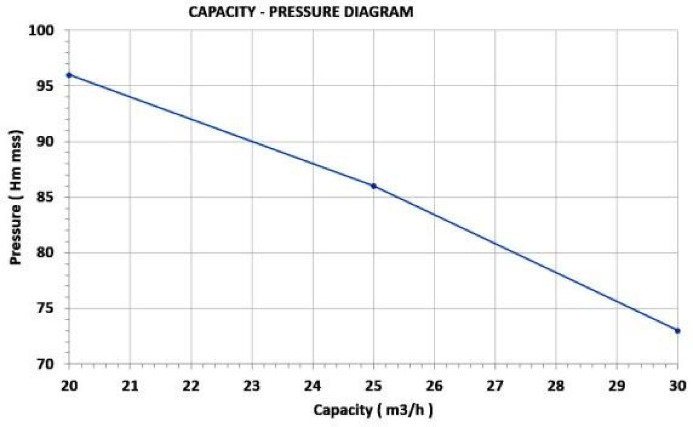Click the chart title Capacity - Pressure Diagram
tap(301, 12)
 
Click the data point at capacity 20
tap(69, 75)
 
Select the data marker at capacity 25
tap(374, 186)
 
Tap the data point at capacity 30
tap(677, 331)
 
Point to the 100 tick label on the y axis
tap(41, 31)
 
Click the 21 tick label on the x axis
tap(130, 386)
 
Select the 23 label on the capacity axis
tap(252, 386)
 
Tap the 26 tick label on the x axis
tap(434, 386)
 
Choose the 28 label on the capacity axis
tap(556, 386)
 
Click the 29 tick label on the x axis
tap(617, 386)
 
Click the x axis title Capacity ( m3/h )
tap(373, 410)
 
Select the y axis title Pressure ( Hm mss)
tap(16, 197)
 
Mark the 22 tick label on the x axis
tap(191, 386)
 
